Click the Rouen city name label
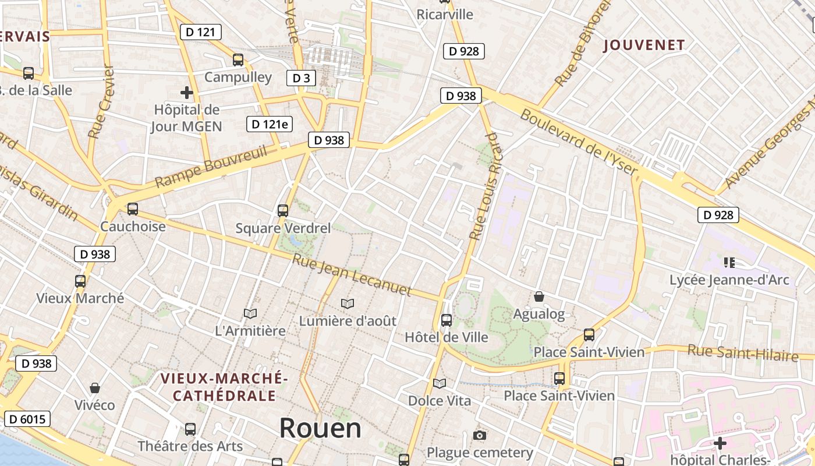click(x=320, y=428)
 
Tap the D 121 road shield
click(x=201, y=32)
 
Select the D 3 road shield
click(x=301, y=78)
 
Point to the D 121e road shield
click(x=270, y=124)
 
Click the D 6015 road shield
click(x=27, y=419)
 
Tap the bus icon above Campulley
click(x=238, y=59)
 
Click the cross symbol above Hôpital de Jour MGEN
click(x=186, y=93)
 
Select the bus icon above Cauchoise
click(x=133, y=209)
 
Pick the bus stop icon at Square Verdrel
click(x=283, y=211)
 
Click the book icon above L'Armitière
click(x=250, y=314)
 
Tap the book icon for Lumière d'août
click(x=348, y=303)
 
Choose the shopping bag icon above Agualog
click(x=539, y=297)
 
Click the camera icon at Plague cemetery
click(x=480, y=436)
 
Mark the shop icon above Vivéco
click(x=95, y=388)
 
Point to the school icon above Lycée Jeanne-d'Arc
click(x=729, y=263)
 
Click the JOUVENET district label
click(x=644, y=45)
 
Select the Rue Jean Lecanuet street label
click(x=352, y=275)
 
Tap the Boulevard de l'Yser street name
click(x=579, y=142)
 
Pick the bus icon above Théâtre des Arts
click(x=190, y=429)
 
